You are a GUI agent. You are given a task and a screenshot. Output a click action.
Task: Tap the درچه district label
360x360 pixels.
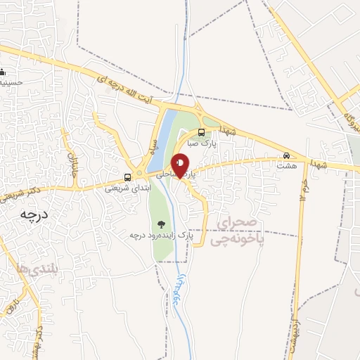33,214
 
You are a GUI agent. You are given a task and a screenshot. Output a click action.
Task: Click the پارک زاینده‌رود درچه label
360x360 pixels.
160,235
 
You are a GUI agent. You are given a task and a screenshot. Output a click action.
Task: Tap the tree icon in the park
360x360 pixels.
161,224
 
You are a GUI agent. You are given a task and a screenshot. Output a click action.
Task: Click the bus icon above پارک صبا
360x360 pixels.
202,132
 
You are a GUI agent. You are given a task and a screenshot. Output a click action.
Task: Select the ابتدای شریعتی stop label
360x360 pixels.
126,188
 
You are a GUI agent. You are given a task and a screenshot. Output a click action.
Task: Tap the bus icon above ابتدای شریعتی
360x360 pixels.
128,177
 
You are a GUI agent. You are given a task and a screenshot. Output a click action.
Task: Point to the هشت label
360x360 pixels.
285,166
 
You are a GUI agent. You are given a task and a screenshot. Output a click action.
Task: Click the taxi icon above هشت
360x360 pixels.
286,155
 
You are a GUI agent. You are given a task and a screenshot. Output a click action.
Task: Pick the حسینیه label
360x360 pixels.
14,82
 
